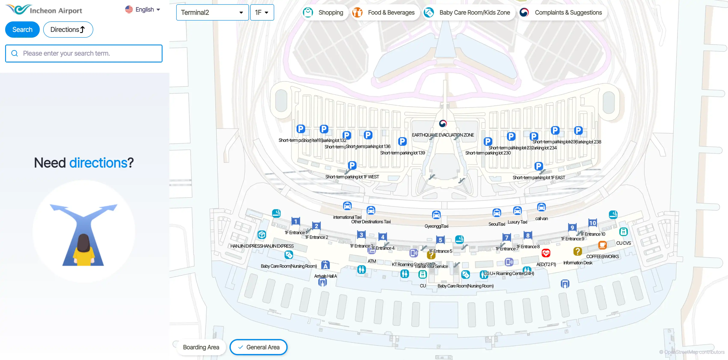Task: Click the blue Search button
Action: click(22, 29)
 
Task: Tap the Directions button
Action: click(68, 29)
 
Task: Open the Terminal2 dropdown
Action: click(212, 12)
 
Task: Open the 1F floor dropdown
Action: click(262, 12)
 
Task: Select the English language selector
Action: click(143, 10)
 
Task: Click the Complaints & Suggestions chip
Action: click(563, 12)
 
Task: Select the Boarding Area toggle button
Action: click(201, 347)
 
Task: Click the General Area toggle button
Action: click(258, 347)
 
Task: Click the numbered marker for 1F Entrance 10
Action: click(592, 223)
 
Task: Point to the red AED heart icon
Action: click(546, 253)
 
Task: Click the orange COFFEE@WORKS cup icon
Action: click(602, 245)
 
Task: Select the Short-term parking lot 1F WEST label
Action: click(352, 177)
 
